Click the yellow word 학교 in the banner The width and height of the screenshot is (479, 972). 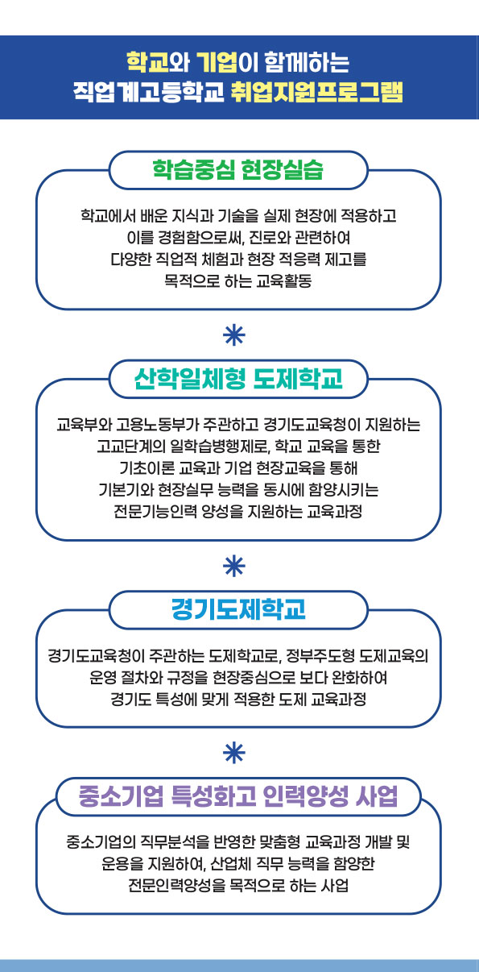point(148,63)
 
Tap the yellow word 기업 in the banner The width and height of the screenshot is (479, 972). point(217,63)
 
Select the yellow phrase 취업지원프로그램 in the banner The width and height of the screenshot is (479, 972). point(317,92)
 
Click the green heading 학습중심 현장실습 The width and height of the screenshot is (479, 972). point(238,170)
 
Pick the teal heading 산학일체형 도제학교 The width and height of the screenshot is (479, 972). point(238,379)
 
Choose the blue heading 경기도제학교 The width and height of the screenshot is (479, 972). point(238,609)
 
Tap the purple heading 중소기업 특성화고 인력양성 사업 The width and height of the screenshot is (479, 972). point(238,797)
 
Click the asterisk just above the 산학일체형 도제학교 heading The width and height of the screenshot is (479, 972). point(234,335)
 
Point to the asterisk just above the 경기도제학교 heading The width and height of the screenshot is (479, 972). point(234,566)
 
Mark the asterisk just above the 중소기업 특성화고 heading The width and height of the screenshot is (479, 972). point(234,753)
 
